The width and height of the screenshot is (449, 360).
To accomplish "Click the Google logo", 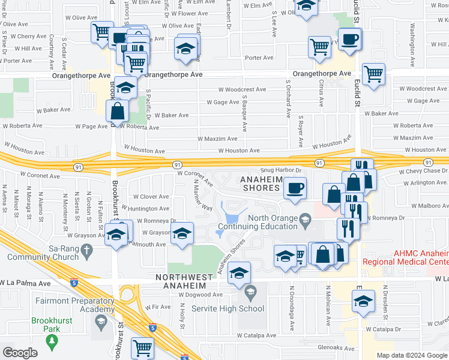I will [20, 353].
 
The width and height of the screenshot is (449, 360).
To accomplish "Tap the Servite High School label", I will [228, 309].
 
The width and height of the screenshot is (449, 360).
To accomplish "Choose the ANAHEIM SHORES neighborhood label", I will [260, 184].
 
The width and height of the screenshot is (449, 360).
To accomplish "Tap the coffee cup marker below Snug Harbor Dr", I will [295, 188].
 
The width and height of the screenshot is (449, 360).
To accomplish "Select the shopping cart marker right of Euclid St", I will [373, 74].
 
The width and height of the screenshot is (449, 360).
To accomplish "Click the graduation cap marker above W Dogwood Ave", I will [239, 272].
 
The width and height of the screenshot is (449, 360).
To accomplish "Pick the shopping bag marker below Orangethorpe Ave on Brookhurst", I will [117, 110].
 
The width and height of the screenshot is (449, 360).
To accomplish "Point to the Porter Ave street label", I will [259, 58].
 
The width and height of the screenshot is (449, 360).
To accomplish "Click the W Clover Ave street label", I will [151, 197].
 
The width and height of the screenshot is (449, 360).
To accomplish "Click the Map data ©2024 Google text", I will [412, 355].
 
